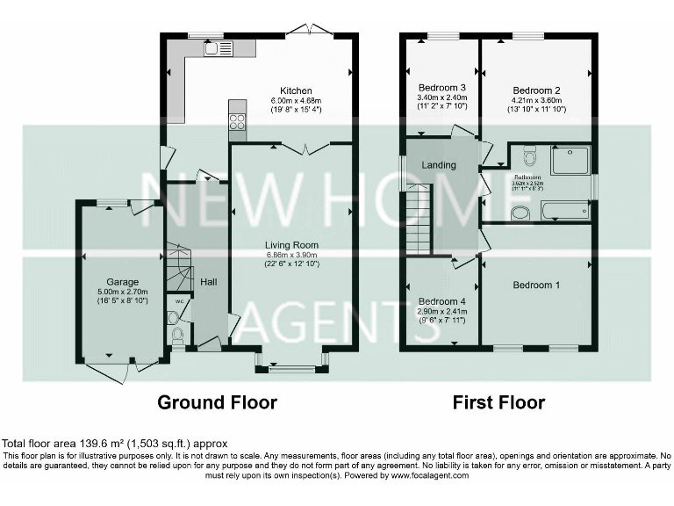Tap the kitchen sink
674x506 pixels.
(218, 48)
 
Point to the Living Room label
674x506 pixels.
(292, 245)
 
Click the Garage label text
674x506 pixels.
(123, 282)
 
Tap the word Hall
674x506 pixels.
(208, 282)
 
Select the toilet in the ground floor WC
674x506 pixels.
(176, 334)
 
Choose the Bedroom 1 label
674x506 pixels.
(536, 286)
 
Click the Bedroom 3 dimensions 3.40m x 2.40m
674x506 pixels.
(441, 98)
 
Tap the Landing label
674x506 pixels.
(439, 165)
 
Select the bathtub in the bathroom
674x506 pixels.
(565, 211)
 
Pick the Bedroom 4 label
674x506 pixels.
(441, 301)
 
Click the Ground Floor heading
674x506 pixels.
(217, 403)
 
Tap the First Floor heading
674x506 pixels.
(498, 403)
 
